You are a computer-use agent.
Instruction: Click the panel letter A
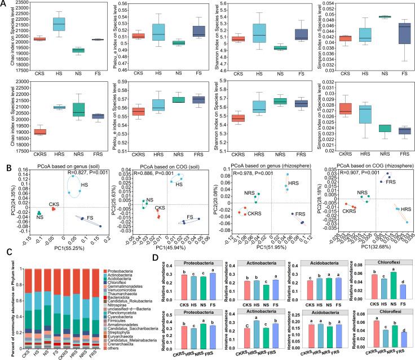[5, 5]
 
